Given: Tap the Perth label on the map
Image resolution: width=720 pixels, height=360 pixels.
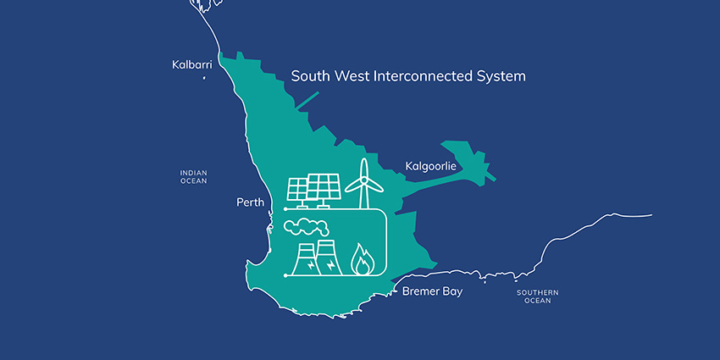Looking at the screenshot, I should pyautogui.click(x=250, y=203).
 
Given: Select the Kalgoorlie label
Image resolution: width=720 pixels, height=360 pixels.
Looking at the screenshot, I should pyautogui.click(x=430, y=166).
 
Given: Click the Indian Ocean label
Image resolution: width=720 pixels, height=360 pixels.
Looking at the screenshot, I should pyautogui.click(x=193, y=176).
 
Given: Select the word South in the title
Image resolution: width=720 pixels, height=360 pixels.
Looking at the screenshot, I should pyautogui.click(x=309, y=76).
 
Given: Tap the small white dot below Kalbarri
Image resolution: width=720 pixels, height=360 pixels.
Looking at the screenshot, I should pyautogui.click(x=204, y=78).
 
